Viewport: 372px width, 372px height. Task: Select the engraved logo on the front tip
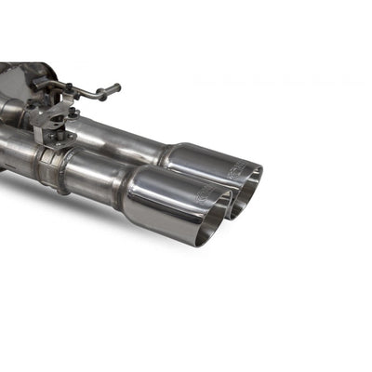tap(203, 195)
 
